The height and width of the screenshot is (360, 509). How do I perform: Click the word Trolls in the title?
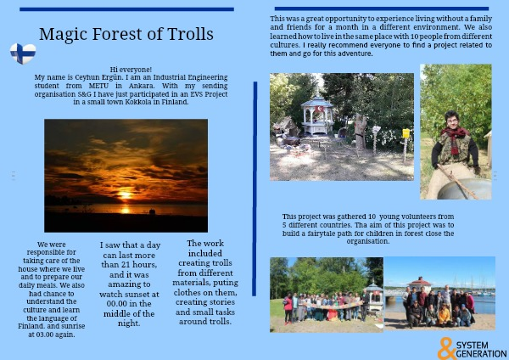click(x=190, y=34)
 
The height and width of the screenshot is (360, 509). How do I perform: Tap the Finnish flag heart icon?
click(x=23, y=53)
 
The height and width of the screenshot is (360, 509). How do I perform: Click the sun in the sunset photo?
click(x=125, y=195)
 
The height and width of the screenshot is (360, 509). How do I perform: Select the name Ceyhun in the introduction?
click(x=87, y=77)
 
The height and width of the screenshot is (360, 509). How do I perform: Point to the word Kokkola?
click(x=139, y=102)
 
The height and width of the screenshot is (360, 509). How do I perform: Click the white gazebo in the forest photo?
click(x=316, y=116)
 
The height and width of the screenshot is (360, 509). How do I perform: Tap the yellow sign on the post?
click(x=406, y=133)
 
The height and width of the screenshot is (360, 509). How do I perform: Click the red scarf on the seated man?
click(x=454, y=138)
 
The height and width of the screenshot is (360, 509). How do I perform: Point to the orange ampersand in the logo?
click(x=446, y=348)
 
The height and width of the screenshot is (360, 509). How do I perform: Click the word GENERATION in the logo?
click(x=481, y=354)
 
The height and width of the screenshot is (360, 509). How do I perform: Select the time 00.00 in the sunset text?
click(x=116, y=304)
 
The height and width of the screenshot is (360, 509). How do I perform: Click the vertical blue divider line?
click(x=255, y=188)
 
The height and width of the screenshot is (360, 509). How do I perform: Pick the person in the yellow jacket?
click(x=444, y=315)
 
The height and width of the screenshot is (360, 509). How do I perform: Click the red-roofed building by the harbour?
click(x=420, y=284)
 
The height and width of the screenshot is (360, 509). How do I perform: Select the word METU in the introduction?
click(x=98, y=86)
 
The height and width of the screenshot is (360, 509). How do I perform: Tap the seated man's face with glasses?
click(x=452, y=120)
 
